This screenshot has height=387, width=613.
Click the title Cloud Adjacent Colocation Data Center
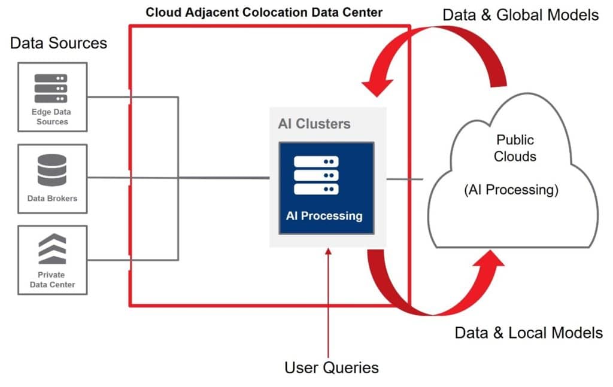click(264, 11)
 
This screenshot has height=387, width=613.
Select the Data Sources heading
click(59, 43)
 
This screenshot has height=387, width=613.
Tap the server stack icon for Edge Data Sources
click(51, 88)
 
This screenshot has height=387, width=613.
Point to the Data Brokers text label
click(52, 198)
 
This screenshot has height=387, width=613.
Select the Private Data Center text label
click(52, 279)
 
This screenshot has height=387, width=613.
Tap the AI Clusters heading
click(314, 124)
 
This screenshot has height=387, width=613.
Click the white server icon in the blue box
click(316, 175)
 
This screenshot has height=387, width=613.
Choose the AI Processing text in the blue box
click(324, 216)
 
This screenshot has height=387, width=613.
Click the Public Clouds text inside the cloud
click(516, 148)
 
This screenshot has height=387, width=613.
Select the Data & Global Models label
click(520, 15)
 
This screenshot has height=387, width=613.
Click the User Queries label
click(331, 367)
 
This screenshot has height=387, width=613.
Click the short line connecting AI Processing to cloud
click(405, 178)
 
